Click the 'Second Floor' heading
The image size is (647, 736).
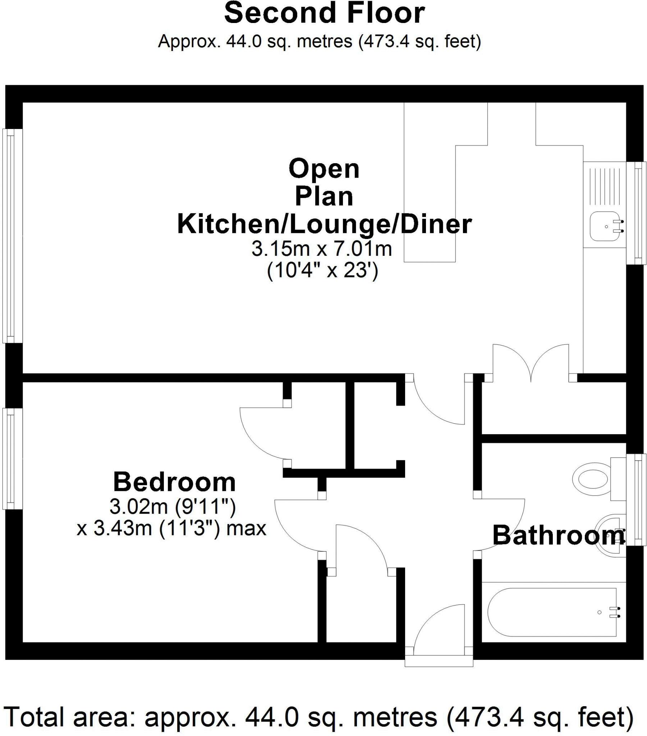click(324, 13)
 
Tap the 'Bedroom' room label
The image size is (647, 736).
click(174, 482)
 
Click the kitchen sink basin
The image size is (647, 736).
click(604, 226)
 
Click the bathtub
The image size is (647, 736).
click(551, 612)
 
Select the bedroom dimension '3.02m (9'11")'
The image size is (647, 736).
click(173, 507)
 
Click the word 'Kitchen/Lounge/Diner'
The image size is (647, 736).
click(324, 224)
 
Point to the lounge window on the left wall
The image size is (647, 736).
click(13, 236)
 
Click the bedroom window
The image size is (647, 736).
click(12, 458)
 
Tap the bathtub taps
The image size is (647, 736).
click(615, 612)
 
